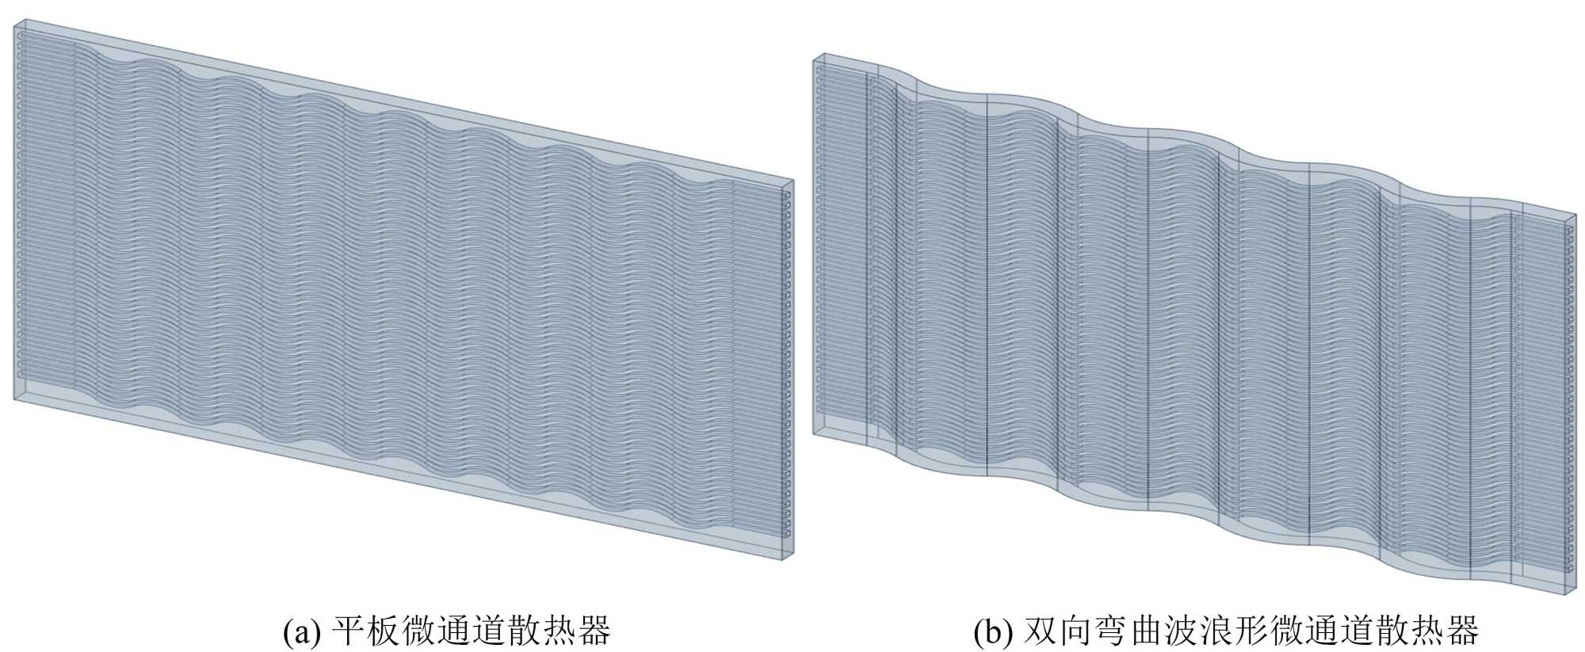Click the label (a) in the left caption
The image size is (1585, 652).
point(302,631)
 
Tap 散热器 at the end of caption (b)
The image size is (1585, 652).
point(1435,631)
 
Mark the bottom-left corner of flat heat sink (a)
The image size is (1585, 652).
point(14,400)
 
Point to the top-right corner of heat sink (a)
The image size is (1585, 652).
point(793,181)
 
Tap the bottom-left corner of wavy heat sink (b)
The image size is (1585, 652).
point(814,434)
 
